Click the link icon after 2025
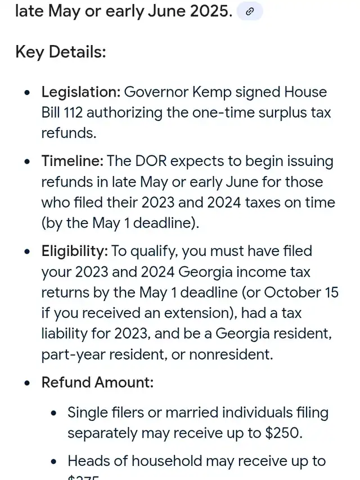250,11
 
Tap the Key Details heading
60,52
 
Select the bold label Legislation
80,92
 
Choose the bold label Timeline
72,162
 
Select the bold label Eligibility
74,251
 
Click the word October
291,293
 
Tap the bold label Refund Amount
97,383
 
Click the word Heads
88,461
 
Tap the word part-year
74,354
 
